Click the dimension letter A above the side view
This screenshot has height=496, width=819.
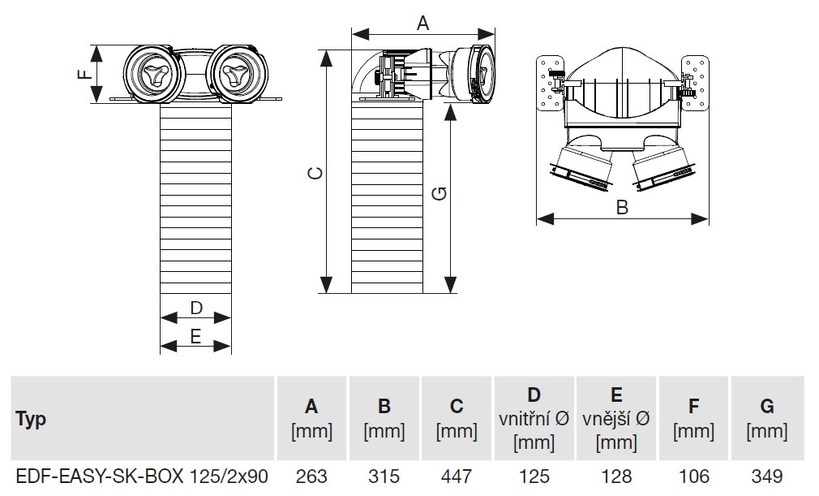422,24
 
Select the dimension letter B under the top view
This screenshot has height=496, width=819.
622,207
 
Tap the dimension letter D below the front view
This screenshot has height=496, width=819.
195,308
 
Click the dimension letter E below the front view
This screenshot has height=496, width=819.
195,336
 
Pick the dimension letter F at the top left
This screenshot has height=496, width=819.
84,75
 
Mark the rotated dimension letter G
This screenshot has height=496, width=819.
439,193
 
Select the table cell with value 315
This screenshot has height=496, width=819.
384,476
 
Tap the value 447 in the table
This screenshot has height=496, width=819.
457,476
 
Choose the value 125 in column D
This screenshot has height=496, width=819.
534,476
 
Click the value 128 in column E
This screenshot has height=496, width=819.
616,476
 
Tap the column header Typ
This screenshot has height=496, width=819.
31,420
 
